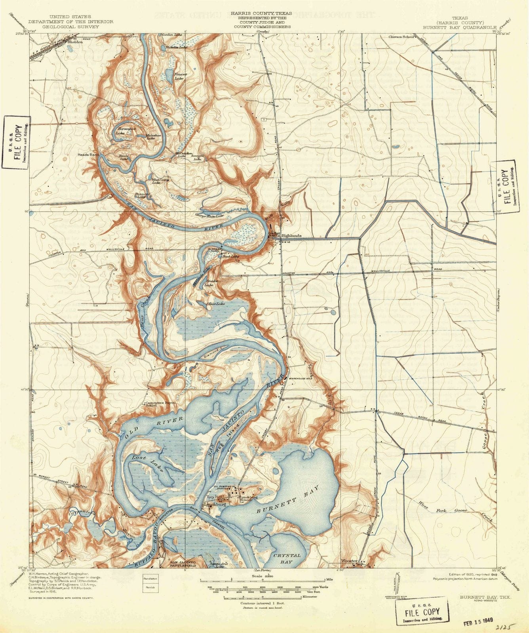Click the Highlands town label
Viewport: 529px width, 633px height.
click(x=291, y=235)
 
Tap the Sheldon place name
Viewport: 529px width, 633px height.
click(x=75, y=41)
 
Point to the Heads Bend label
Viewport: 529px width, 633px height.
click(x=88, y=155)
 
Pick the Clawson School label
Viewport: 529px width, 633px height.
click(x=401, y=37)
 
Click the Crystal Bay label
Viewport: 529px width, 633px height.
click(x=287, y=558)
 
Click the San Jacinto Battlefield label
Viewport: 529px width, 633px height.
click(x=183, y=564)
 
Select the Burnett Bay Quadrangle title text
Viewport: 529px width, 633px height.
click(x=459, y=28)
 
